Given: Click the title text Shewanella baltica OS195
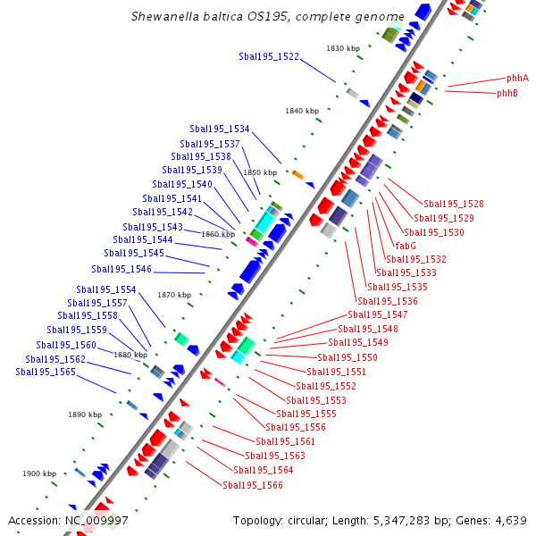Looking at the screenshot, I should point(267,16).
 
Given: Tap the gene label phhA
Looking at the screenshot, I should point(517,78).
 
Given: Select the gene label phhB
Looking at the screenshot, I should point(507,93).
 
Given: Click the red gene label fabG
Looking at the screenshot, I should point(406,246).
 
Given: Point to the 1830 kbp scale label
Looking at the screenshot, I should point(343,48).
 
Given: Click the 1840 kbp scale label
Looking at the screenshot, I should point(302,111).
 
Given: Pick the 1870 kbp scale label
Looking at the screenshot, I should point(174,295).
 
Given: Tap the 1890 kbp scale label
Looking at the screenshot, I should point(85,415).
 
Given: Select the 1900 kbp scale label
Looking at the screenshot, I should point(39,473).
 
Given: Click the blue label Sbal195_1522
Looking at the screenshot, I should point(269,56).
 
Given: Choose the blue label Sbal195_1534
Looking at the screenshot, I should point(220,130).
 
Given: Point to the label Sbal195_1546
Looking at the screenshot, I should point(121,269).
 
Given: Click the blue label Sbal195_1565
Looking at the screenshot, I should point(46,372).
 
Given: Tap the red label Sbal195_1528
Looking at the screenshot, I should point(454,205).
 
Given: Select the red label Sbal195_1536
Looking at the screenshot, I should point(388,301).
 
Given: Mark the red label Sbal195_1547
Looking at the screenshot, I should point(377,314).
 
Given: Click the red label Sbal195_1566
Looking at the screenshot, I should point(253,485).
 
